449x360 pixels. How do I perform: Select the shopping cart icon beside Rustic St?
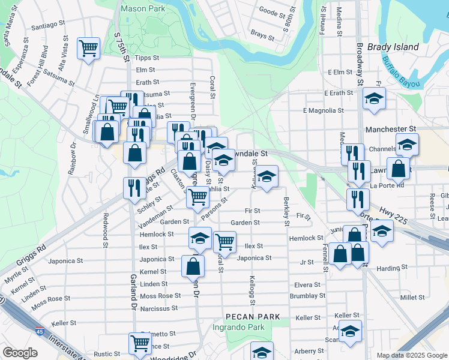click(140, 344)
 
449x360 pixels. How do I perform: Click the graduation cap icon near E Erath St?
click(375, 98)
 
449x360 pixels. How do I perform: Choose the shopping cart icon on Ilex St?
click(224, 242)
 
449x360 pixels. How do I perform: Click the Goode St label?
click(271, 11)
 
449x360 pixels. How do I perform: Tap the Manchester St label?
click(391, 129)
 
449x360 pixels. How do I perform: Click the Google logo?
click(20, 353)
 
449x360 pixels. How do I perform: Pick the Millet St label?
click(412, 297)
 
